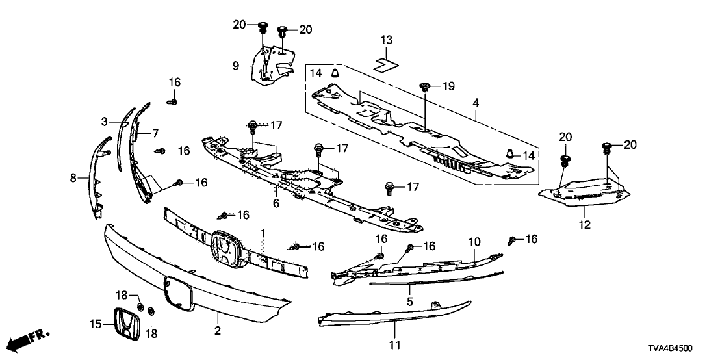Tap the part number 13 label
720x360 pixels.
pyautogui.click(x=387, y=40)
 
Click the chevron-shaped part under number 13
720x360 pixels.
pyautogui.click(x=385, y=63)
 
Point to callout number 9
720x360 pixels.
pyautogui.click(x=237, y=65)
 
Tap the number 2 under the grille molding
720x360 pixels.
pyautogui.click(x=218, y=331)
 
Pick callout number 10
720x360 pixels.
pyautogui.click(x=474, y=242)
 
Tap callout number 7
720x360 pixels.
pyautogui.click(x=155, y=133)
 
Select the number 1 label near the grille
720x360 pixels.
pyautogui.click(x=263, y=232)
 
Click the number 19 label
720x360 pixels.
pyautogui.click(x=448, y=86)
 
